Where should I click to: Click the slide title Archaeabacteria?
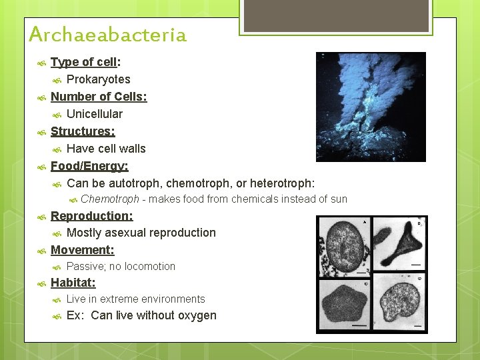107,34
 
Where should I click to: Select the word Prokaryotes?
99,79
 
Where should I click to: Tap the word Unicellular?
95,114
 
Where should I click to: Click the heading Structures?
83,131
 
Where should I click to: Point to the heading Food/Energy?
89,165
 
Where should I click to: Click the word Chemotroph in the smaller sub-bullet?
110,199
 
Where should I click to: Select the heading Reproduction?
92,216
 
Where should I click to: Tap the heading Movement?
83,250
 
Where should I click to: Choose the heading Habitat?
73,283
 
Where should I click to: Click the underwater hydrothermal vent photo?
371,107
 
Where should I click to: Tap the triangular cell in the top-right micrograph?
399,240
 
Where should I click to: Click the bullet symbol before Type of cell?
41,63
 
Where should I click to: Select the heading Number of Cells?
99,97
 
